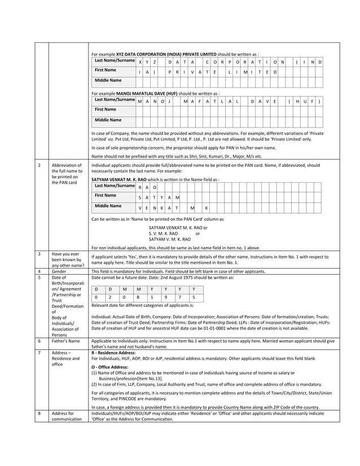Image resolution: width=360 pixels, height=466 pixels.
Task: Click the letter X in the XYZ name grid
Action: point(140,61)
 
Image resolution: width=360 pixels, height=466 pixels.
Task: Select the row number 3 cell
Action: point(39,254)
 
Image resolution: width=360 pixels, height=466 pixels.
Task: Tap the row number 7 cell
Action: point(39,352)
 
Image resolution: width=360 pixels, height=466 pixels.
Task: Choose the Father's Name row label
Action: point(67,341)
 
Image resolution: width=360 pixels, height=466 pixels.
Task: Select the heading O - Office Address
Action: point(109,367)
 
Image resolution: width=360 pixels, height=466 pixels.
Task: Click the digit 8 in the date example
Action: point(137,297)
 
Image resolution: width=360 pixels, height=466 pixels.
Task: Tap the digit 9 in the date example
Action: point(165,297)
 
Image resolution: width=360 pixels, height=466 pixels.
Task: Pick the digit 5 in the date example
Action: point(193,297)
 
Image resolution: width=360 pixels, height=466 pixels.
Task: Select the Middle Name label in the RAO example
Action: point(108,206)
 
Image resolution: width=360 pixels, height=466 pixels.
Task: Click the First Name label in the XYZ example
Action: point(106,70)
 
